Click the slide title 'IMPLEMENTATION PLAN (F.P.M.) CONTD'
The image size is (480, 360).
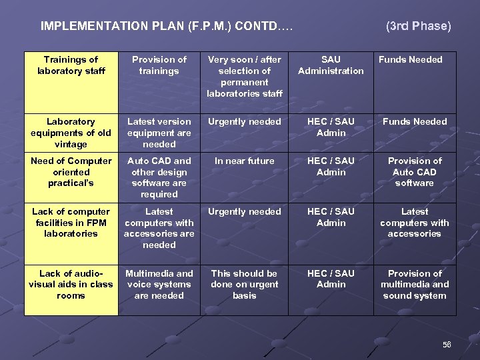coord(167,27)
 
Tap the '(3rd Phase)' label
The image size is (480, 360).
coord(419,27)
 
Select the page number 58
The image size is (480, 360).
coord(447,345)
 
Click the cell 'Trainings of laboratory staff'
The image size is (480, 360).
coord(71,65)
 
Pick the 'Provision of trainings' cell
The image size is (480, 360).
coord(159,65)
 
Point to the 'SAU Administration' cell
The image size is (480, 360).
coord(331,65)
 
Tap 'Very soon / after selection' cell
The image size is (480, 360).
coord(245,77)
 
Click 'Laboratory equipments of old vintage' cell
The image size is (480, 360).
coord(71,133)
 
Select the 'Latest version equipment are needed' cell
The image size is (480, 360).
coord(159,133)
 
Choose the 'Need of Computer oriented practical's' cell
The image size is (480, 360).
coord(71,172)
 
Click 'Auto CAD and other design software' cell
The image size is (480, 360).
coord(159,177)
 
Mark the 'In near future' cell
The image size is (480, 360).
coord(245,161)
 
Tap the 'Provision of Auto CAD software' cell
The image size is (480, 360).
coord(415,172)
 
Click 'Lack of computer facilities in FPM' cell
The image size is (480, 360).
coord(71,223)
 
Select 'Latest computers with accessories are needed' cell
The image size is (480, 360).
coord(159,228)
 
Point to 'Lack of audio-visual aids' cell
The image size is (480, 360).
coord(71,285)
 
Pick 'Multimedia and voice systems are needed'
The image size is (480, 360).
coord(159,285)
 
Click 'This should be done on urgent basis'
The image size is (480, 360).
coord(245,285)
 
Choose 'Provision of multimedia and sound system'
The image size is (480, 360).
coord(415,285)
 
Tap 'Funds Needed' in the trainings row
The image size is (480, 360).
coord(411,60)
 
